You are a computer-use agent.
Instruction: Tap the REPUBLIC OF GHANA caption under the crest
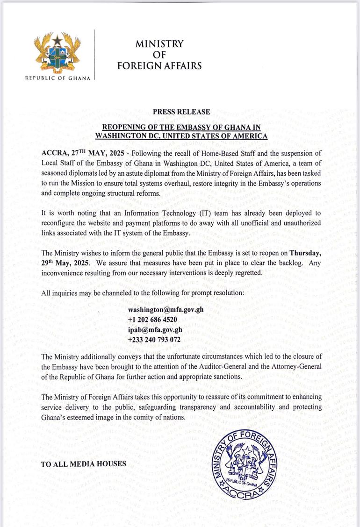(58, 78)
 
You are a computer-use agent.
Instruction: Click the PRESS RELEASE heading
(181, 112)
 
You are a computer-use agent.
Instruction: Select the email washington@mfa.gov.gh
(166, 310)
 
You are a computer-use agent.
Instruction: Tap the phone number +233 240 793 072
(154, 340)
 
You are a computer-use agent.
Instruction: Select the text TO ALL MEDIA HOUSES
(84, 464)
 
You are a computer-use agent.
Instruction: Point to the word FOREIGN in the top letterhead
(139, 66)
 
